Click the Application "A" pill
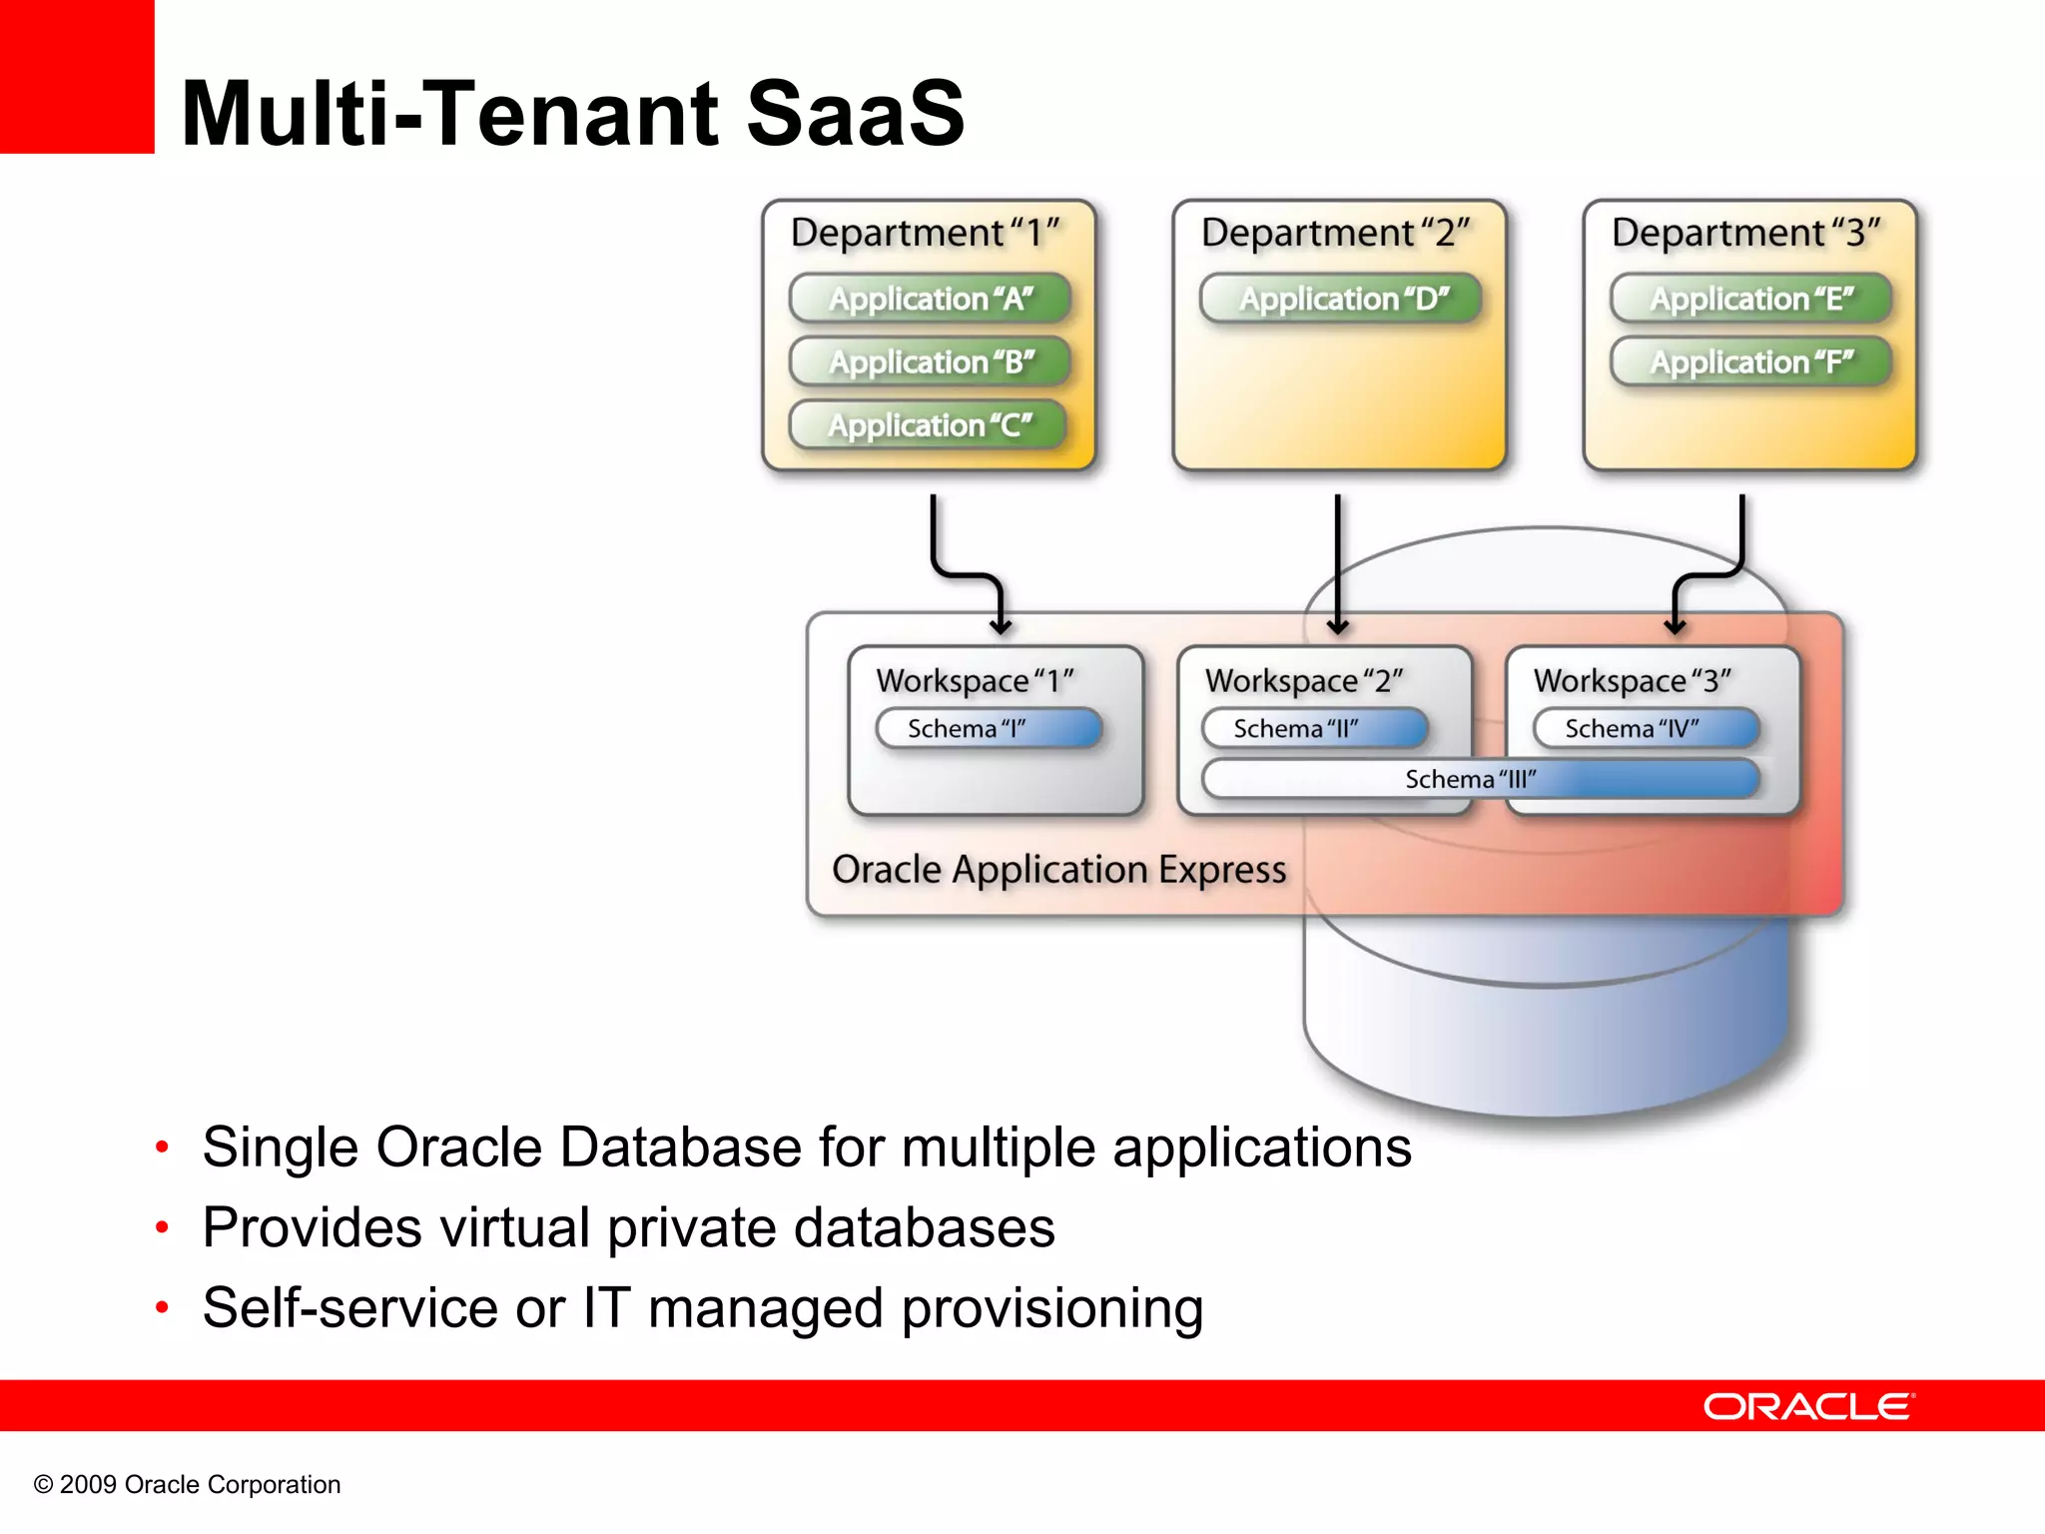point(930,298)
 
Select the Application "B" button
point(930,362)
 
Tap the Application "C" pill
point(928,425)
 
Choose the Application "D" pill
point(1340,298)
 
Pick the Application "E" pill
point(1750,298)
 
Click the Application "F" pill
point(1750,362)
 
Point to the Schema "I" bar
point(989,728)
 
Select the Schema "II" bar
point(1315,728)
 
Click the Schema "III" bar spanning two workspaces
point(1480,779)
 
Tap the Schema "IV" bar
point(1646,728)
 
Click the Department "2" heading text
point(1335,233)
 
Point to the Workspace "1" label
point(975,681)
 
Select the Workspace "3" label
point(1632,681)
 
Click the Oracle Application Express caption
point(1058,869)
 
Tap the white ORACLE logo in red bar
point(1807,1406)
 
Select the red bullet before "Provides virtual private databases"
point(162,1227)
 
